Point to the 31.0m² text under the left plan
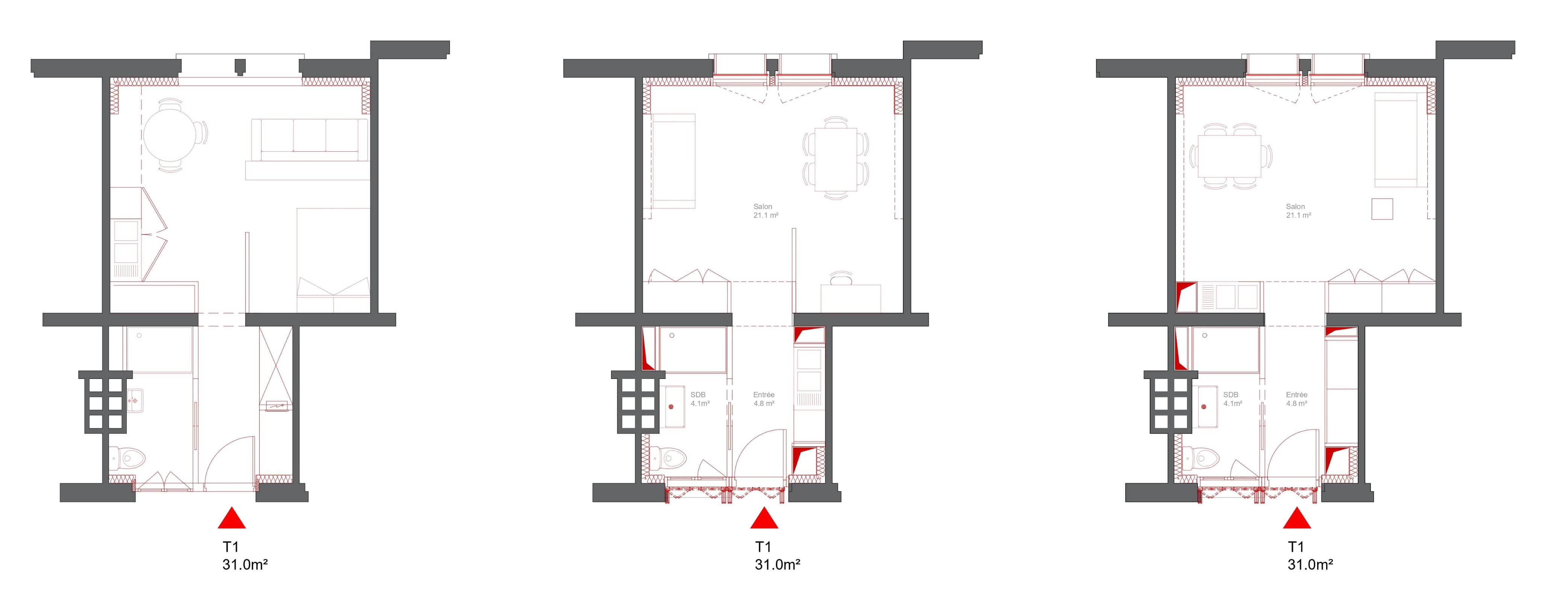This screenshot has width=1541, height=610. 245,564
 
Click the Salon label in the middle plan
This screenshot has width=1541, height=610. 763,207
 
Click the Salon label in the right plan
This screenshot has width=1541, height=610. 1296,207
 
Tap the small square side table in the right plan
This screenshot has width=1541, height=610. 1383,209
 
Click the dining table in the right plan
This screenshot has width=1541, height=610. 1230,156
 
